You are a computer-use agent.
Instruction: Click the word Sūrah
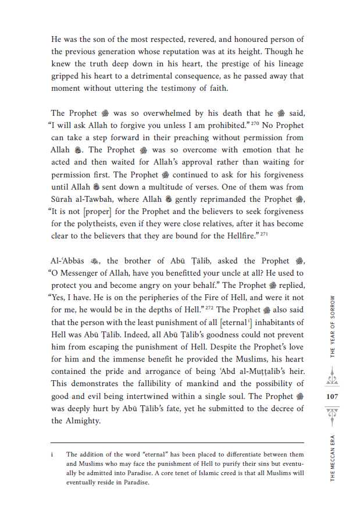coord(64,188)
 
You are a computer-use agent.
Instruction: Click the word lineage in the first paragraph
coord(286,64)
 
